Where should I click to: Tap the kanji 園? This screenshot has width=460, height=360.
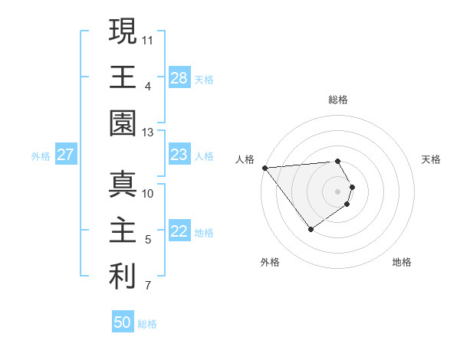click(123, 123)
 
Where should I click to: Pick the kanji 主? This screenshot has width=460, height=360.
click(123, 231)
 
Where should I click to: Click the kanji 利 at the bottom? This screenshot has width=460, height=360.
click(123, 277)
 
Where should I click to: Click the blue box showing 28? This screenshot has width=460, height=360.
click(179, 77)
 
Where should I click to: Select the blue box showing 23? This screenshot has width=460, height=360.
click(179, 155)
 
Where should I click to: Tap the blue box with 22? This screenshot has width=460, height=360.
click(179, 232)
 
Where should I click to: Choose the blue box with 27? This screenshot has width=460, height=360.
click(66, 155)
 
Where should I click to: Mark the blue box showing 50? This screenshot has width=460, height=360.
click(123, 322)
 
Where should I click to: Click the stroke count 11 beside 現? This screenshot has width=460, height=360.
click(148, 39)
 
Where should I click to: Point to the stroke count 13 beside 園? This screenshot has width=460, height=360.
click(148, 133)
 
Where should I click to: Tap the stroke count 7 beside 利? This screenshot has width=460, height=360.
click(148, 286)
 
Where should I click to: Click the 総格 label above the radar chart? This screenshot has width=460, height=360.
click(338, 100)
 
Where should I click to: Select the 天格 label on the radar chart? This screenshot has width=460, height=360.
click(432, 159)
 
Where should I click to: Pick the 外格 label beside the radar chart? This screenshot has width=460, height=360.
click(270, 262)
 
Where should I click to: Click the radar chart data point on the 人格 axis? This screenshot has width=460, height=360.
click(264, 168)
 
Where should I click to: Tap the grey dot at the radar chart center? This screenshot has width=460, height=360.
click(338, 191)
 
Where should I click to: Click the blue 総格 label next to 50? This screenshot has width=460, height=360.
click(147, 324)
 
